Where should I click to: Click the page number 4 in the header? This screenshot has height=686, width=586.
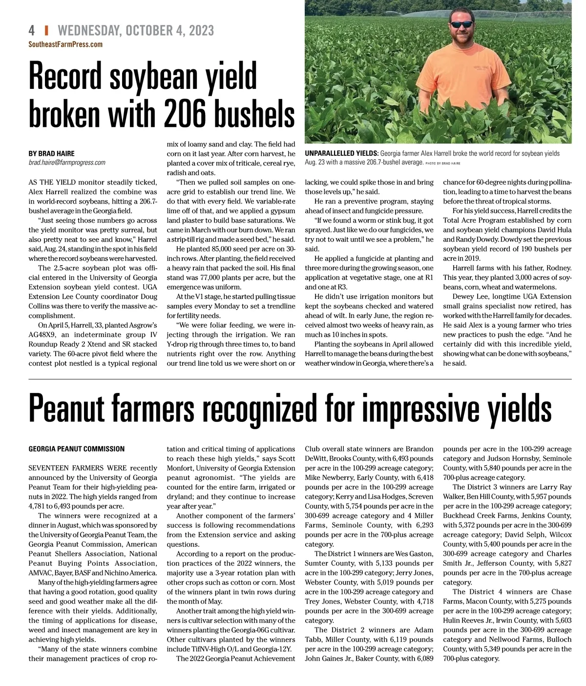point(32,30)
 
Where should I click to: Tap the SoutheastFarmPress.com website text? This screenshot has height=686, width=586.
point(65,44)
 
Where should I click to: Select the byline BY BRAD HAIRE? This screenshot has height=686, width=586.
point(51,153)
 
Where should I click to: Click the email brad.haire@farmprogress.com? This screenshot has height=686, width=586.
point(67,163)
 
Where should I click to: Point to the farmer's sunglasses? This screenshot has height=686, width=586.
point(462,23)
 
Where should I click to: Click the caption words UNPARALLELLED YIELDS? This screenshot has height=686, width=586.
point(341,153)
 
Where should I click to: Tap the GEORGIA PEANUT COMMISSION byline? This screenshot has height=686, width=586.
point(76,449)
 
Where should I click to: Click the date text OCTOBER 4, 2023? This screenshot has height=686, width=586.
point(169,30)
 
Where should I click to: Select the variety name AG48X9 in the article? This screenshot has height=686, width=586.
point(44,335)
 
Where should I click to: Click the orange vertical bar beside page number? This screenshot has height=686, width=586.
point(46,30)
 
